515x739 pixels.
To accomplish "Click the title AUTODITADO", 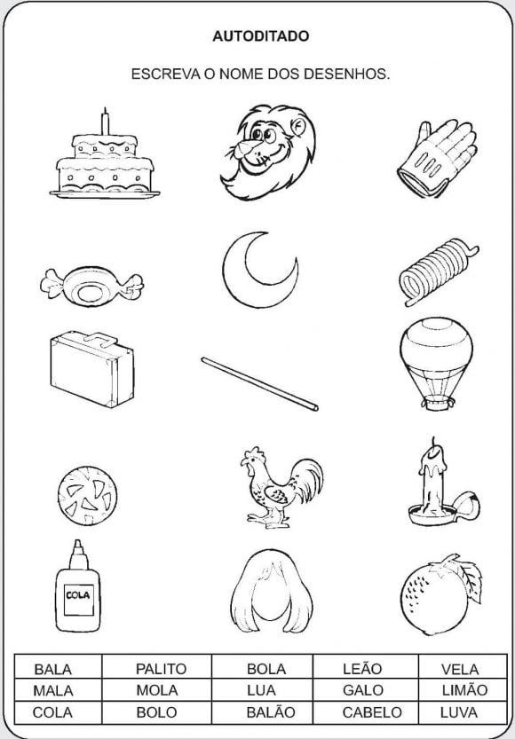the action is click(261, 36).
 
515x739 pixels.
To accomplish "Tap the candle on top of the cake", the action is click(105, 122).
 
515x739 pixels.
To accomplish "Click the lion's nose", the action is click(245, 148).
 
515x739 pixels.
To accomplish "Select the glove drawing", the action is click(437, 158).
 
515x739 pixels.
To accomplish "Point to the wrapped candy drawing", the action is click(92, 287).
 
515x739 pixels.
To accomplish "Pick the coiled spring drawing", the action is click(438, 272).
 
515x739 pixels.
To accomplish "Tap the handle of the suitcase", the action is click(101, 338).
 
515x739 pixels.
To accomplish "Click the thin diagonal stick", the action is click(260, 384).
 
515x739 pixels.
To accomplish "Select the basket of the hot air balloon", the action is click(438, 403).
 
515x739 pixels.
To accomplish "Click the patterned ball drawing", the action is click(88, 496).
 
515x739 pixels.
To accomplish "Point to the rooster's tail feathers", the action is click(308, 477).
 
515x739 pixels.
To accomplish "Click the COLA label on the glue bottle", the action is click(78, 595).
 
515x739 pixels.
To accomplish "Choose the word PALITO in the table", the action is click(161, 669).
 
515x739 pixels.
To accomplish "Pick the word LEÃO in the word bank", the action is click(361, 668).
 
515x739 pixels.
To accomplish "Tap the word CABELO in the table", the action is click(372, 712).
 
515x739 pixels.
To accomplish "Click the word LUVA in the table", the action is click(459, 712).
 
